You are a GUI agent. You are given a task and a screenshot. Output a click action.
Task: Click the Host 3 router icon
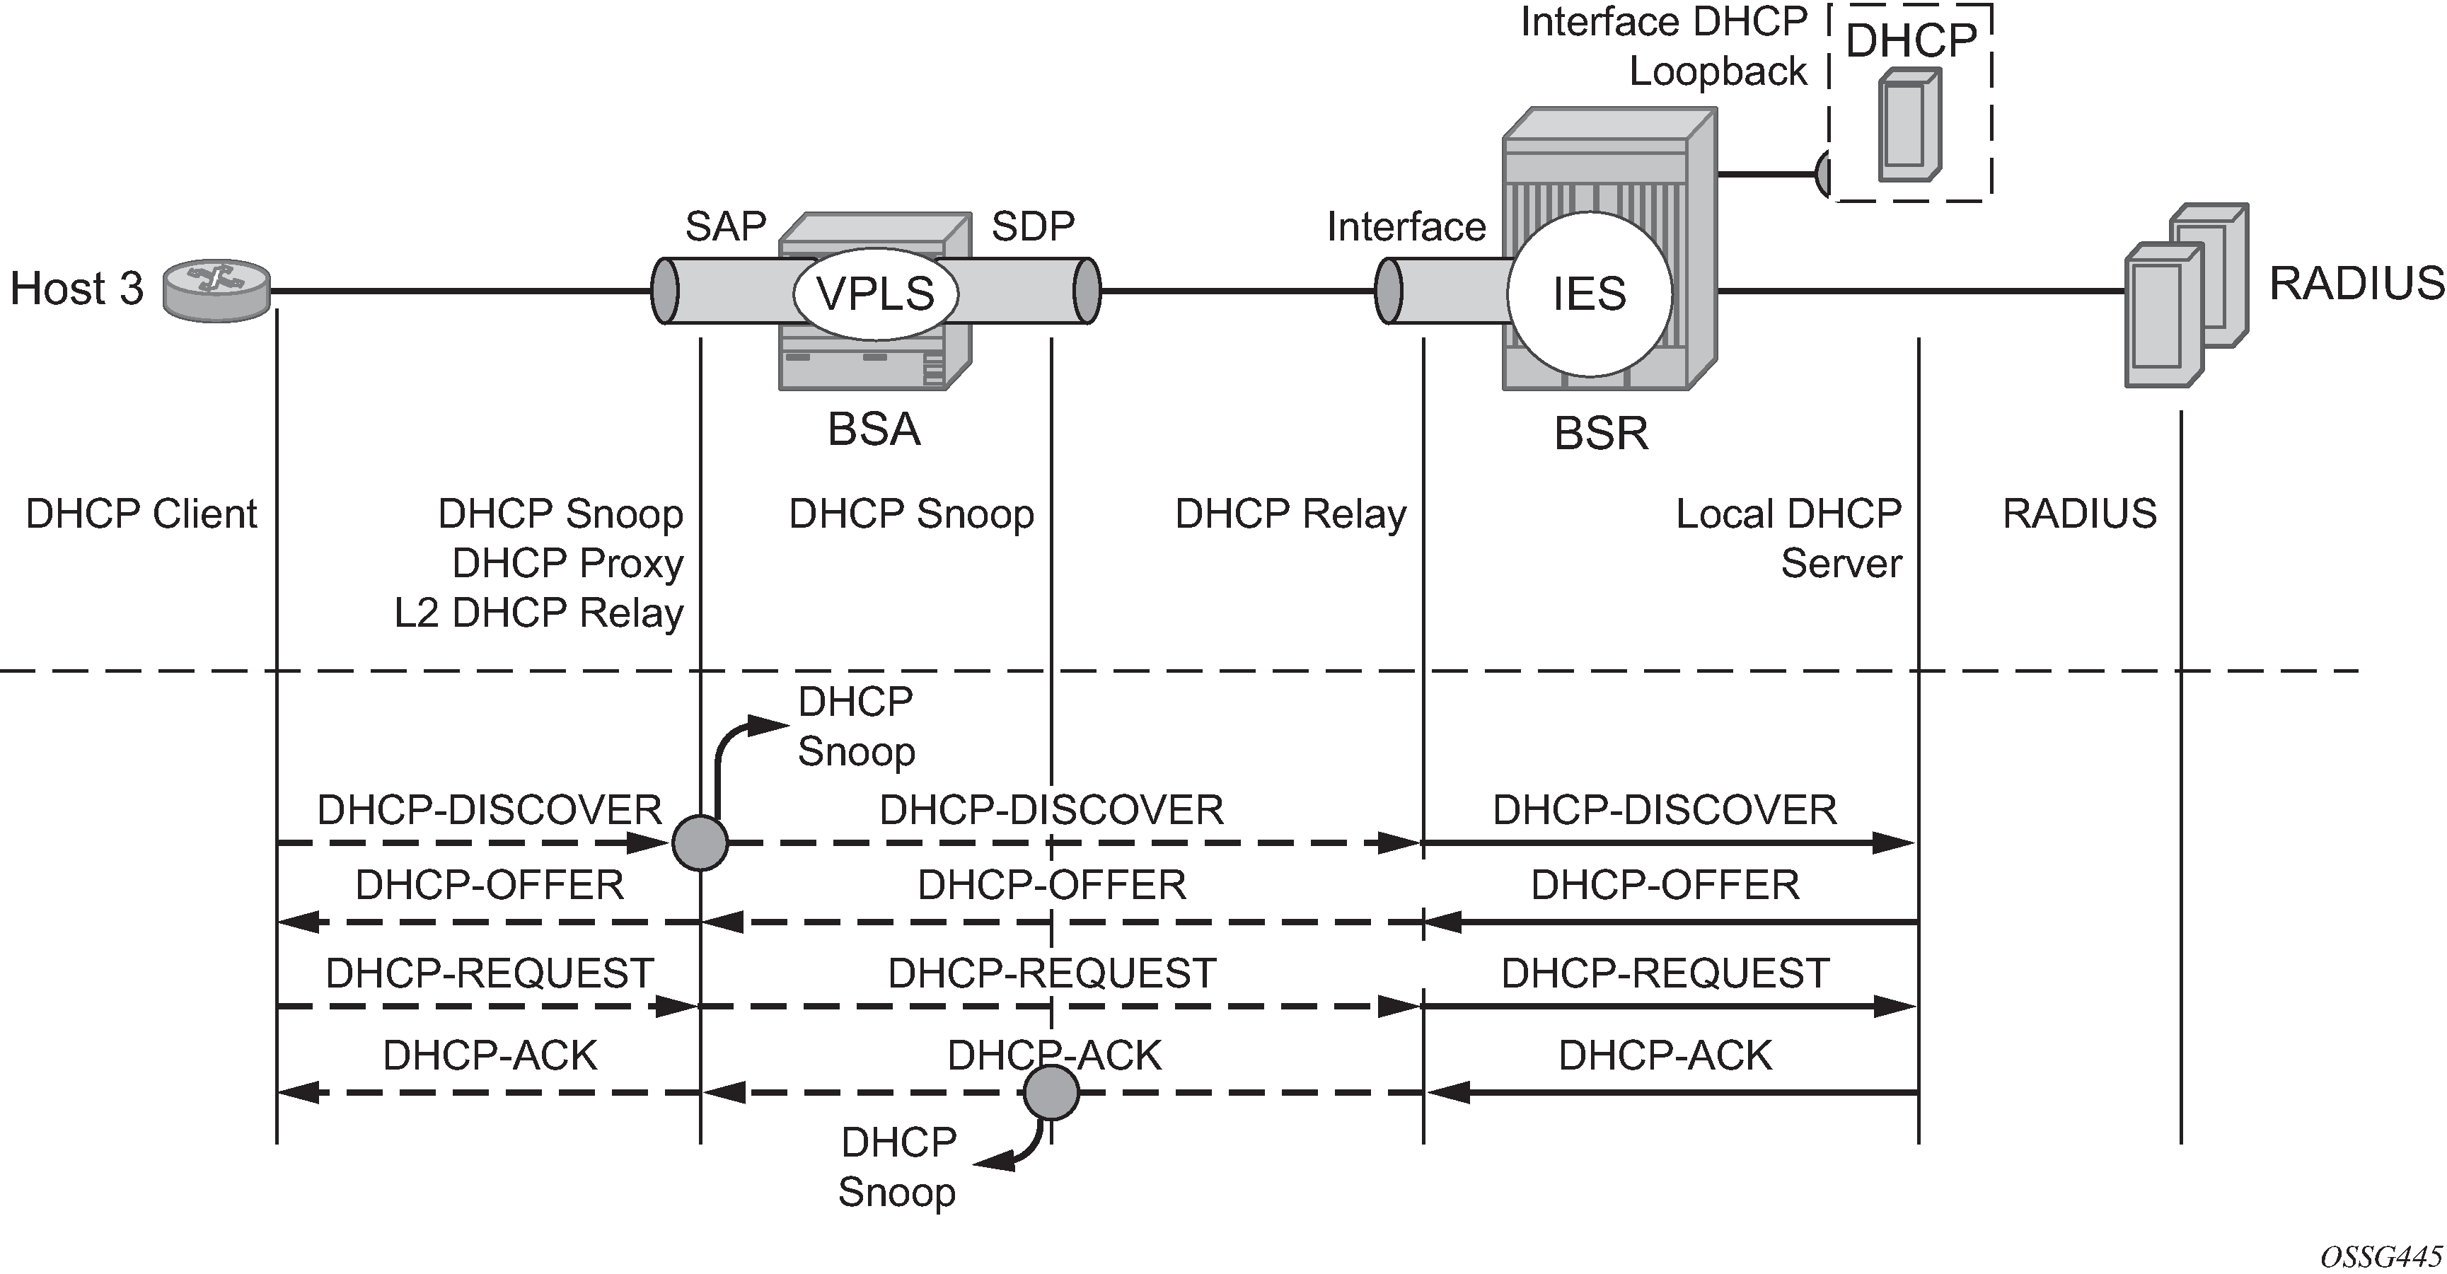[216, 290]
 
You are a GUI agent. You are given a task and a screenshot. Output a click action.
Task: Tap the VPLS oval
[875, 294]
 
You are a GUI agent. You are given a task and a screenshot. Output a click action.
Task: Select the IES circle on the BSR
[1589, 293]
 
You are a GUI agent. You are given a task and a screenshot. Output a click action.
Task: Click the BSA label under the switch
[874, 429]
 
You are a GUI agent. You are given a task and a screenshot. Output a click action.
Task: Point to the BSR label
[1601, 433]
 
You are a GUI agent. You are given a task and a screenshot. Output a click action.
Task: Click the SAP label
[726, 226]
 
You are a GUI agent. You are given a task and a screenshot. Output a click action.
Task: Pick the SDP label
[1033, 226]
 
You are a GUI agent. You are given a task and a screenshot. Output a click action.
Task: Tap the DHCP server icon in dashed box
[1909, 125]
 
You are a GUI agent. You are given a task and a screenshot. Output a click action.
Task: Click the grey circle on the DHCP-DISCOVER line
[700, 842]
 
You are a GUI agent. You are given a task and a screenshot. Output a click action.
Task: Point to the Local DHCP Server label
[1788, 538]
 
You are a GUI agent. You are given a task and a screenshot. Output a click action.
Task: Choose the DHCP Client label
[141, 514]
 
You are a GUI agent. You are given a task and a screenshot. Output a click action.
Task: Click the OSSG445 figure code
[2381, 1256]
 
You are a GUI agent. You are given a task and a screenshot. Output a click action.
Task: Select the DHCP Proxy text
[567, 563]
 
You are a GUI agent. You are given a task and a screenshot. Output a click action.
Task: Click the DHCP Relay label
[1290, 514]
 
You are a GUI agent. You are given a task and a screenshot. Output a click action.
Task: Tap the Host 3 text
[76, 288]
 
